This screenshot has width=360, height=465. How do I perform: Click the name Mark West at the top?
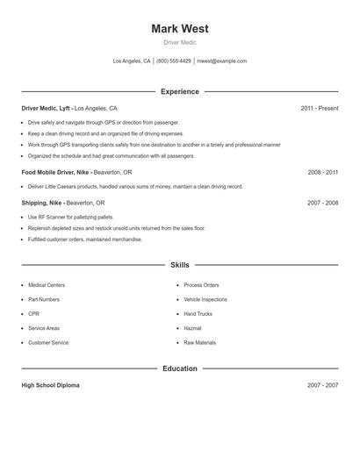180,29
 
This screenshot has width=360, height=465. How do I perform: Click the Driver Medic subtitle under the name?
180,42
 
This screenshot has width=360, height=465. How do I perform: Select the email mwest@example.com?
221,61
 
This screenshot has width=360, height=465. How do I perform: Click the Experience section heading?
180,91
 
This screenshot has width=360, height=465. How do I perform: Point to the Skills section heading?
180,265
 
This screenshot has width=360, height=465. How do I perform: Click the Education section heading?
180,368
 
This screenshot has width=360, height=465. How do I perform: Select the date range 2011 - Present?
319,108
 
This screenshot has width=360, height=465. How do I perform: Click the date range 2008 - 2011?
322,173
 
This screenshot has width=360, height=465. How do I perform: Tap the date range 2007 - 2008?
322,203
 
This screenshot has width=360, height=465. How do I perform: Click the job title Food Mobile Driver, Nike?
58,173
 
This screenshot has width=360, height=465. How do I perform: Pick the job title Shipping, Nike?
42,203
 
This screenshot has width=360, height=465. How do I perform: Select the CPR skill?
33,313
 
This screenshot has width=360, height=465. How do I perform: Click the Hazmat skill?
193,328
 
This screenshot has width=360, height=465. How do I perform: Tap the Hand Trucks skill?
198,313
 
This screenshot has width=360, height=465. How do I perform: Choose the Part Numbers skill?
44,299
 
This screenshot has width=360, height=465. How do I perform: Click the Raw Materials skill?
199,342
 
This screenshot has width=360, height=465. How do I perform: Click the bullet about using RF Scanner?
69,217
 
